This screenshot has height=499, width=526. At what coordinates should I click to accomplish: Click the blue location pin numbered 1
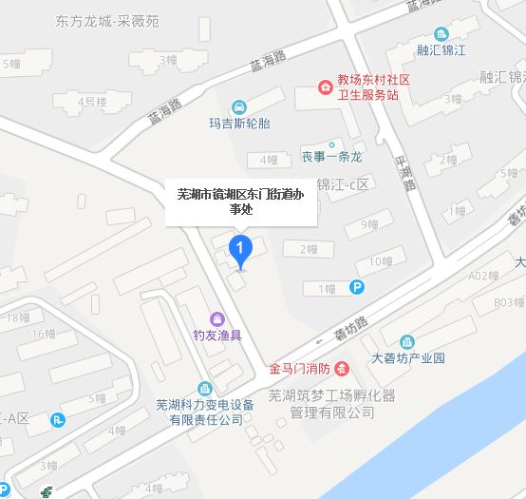(x=241, y=252)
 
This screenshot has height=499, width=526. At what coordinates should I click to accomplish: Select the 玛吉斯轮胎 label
(x=241, y=122)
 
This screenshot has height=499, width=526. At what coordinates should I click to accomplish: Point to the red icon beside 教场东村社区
(x=326, y=89)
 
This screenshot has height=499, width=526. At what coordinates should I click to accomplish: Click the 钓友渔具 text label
(x=217, y=334)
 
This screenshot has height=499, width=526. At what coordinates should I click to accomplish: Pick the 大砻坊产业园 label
(x=407, y=359)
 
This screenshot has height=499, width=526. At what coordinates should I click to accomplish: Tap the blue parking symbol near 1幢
(x=357, y=287)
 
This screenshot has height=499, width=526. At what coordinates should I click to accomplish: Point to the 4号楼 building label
(x=93, y=101)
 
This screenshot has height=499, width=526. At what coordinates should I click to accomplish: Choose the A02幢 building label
(x=483, y=276)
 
